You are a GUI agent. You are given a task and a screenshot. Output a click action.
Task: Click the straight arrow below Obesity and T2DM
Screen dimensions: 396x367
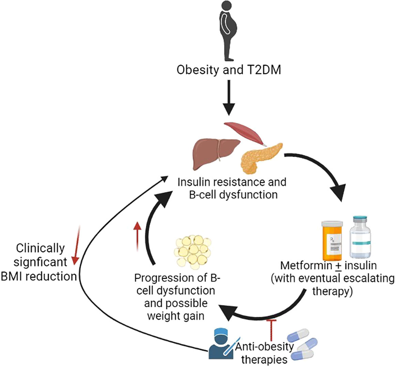pos(229,97)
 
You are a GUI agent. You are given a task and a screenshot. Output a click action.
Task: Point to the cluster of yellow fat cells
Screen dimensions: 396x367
pos(193,251)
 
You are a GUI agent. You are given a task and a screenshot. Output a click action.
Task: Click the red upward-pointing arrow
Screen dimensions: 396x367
pos(137,236)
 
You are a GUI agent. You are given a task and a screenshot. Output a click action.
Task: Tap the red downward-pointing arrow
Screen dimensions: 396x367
pos(76,245)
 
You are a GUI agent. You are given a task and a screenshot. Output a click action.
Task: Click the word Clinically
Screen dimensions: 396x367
pos(41,248)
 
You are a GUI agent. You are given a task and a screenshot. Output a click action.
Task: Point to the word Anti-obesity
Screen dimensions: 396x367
pos(265,347)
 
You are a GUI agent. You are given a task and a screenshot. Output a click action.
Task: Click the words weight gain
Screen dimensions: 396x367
pos(176,316)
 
